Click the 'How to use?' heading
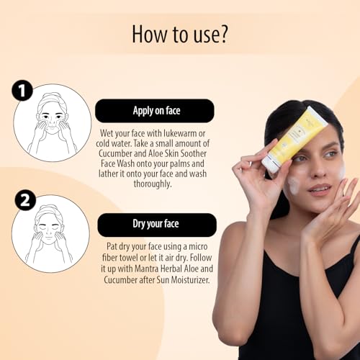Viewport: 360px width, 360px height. point(180,35)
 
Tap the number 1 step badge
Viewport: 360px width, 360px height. point(22,91)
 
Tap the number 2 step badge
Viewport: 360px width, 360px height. point(25,200)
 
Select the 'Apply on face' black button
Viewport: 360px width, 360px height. point(155,111)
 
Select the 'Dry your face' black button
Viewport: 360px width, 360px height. point(157,225)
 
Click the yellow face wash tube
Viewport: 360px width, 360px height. point(294,139)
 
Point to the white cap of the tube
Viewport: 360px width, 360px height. point(270,164)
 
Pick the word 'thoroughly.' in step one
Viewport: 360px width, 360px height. point(153,184)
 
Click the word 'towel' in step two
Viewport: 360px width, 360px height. point(130,258)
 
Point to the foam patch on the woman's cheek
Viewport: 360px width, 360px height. point(294,185)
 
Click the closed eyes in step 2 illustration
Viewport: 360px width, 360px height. point(48,226)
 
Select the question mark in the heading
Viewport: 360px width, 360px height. point(223,35)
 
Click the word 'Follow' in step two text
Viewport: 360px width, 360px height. point(201,258)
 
